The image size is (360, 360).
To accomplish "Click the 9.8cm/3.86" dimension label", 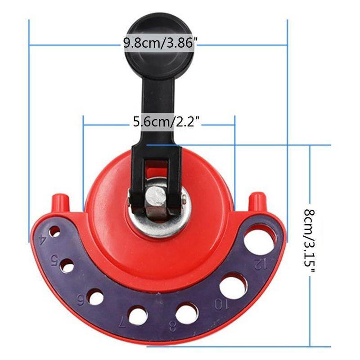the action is (x=160, y=43).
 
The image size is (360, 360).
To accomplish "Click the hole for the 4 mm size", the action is (x=54, y=231).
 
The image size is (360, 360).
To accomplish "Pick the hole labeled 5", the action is (x=67, y=266).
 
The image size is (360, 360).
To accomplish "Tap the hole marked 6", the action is (x=95, y=297).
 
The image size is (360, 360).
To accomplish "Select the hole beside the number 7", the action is (x=138, y=315).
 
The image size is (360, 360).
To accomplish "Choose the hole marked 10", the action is (x=233, y=286).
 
